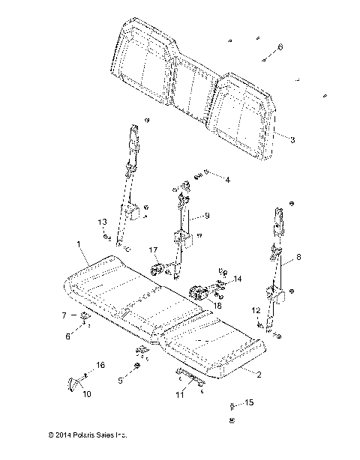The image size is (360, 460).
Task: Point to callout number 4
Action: pos(228,180)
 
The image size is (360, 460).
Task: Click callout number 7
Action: pos(64,315)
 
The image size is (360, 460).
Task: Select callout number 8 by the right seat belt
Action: pos(299,257)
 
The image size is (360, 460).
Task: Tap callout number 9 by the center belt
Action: pos(208,216)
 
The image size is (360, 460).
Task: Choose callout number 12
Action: pos(255,310)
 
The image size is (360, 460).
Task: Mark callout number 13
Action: pos(102,223)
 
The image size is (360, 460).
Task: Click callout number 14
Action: pos(239,279)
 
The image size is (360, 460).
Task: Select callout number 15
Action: pos(249,403)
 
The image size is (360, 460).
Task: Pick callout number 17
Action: pos(152,250)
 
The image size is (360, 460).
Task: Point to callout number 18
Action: pos(218,306)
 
